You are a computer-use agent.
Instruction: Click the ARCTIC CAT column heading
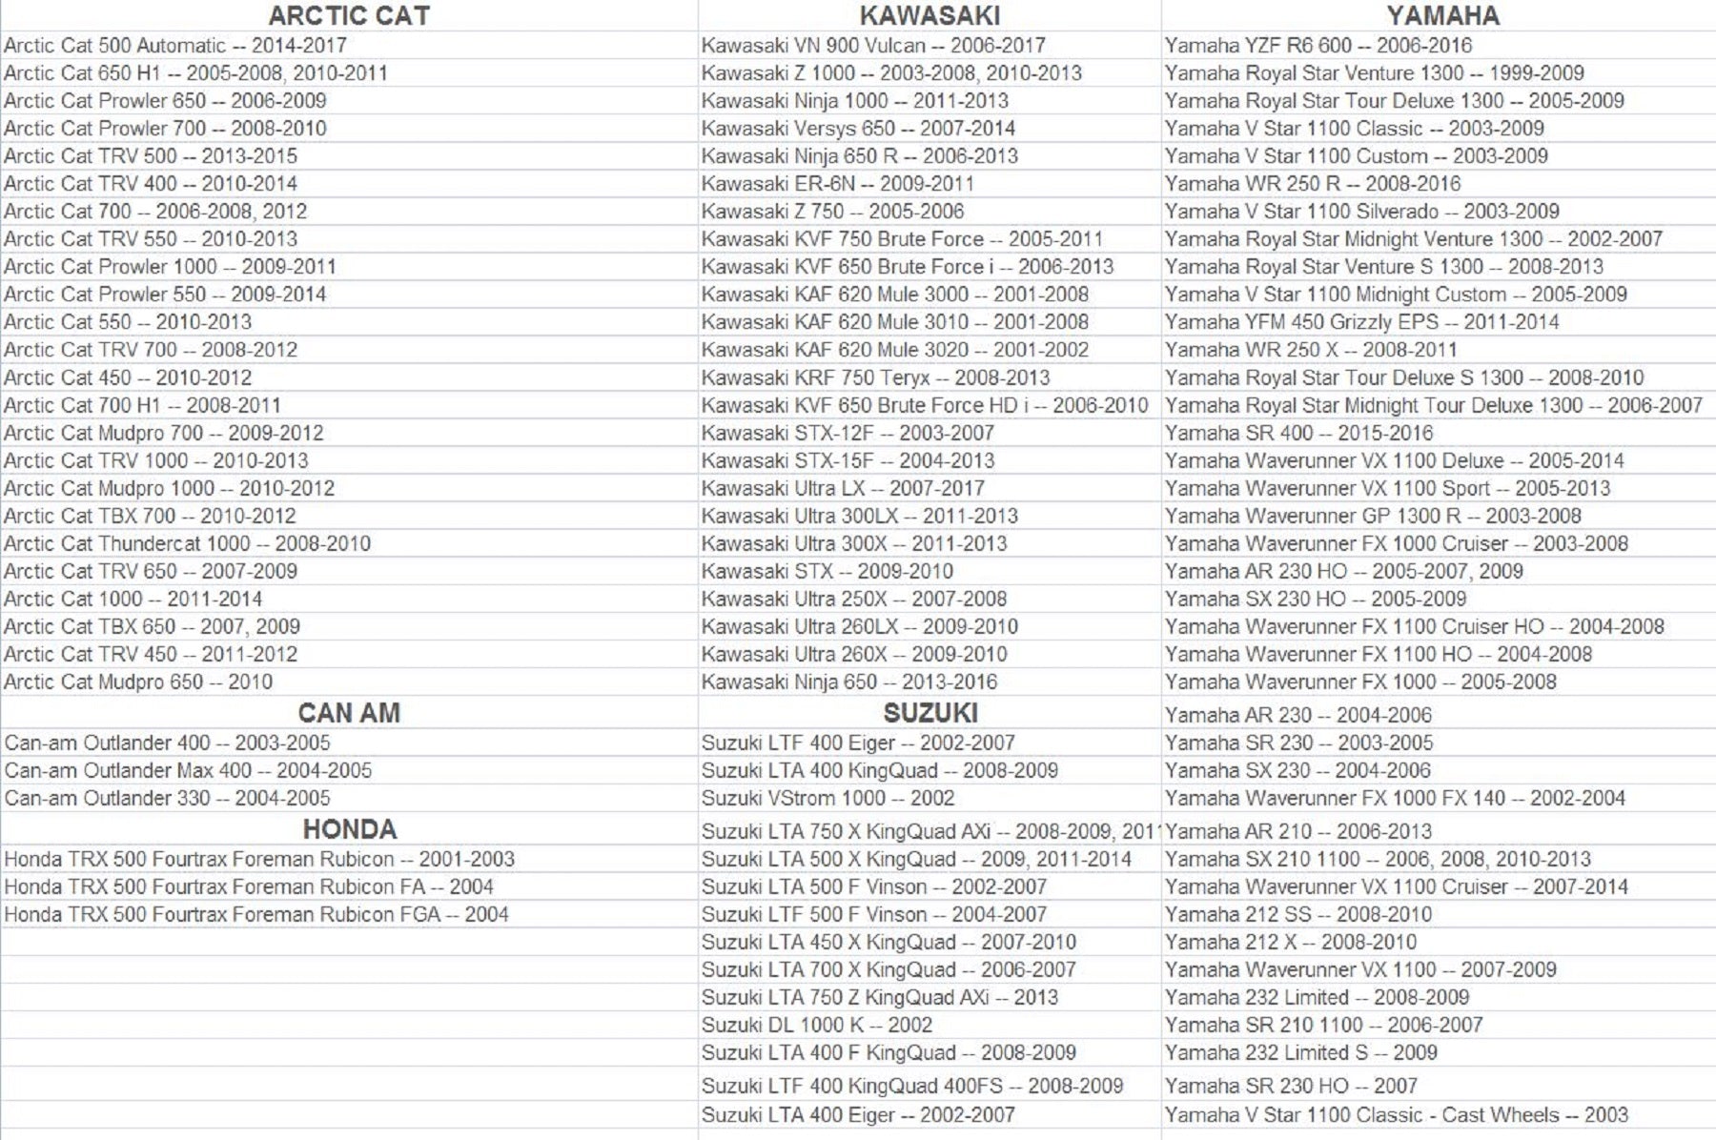click(349, 15)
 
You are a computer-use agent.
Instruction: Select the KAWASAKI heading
click(929, 15)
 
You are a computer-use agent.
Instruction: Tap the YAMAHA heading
click(1442, 15)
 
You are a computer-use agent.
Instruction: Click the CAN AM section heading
click(349, 713)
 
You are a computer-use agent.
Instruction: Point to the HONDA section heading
click(349, 829)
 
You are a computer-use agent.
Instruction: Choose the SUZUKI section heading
click(929, 713)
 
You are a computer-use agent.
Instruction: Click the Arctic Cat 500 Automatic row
click(175, 46)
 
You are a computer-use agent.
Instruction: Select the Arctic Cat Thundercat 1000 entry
click(188, 544)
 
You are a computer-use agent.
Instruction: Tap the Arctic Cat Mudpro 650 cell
click(138, 682)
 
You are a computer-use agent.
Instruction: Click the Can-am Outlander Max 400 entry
click(188, 771)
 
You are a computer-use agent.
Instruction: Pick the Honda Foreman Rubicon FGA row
click(256, 915)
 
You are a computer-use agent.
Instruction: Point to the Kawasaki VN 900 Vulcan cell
click(873, 46)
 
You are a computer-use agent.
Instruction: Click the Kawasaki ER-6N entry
click(837, 184)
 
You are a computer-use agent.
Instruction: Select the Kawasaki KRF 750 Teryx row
click(875, 378)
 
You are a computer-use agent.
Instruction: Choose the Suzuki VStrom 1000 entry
click(827, 799)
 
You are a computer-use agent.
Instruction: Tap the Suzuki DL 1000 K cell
click(817, 1026)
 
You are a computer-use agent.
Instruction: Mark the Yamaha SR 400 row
click(1299, 434)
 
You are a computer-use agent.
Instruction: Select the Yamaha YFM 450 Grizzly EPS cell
click(1362, 322)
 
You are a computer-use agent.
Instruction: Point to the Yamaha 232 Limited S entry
click(1301, 1053)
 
